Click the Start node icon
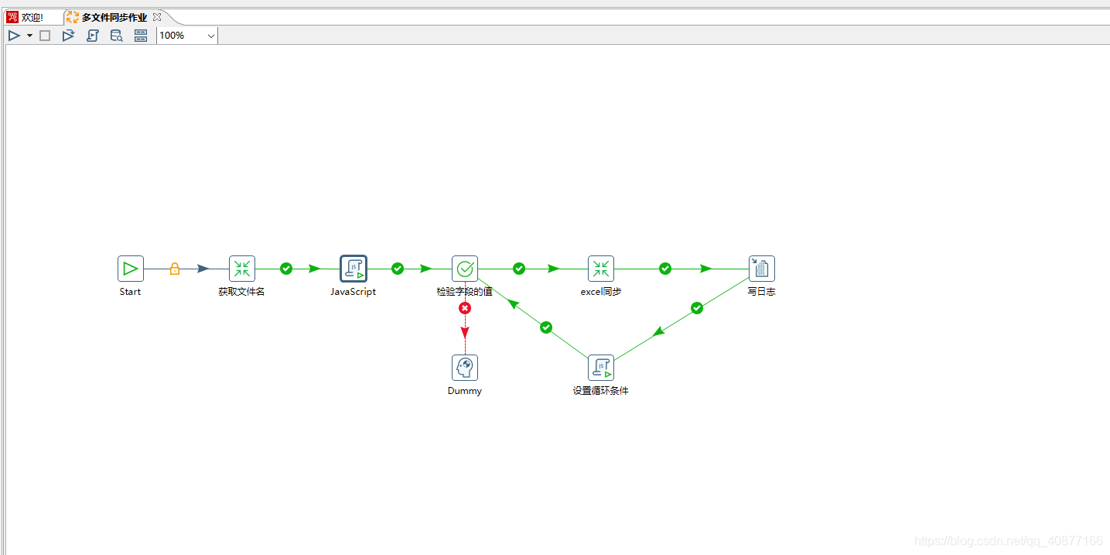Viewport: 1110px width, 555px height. [x=131, y=269]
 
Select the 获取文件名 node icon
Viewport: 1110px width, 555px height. [x=242, y=269]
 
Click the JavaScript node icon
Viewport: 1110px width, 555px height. [x=353, y=269]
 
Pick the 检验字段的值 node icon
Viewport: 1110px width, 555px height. [x=465, y=269]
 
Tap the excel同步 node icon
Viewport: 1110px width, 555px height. [x=601, y=269]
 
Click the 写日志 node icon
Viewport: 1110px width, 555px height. [x=762, y=269]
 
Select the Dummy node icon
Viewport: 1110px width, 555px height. [x=465, y=368]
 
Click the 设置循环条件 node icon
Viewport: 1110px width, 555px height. [x=601, y=368]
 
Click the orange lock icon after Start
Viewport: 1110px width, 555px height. [x=175, y=269]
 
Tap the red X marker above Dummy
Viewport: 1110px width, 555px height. [x=465, y=308]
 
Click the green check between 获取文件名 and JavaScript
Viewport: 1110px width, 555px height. [x=286, y=269]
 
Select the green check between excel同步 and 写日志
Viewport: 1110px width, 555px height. [x=665, y=269]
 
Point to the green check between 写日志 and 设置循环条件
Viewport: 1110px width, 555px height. [x=697, y=308]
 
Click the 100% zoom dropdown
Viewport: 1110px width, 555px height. [x=187, y=36]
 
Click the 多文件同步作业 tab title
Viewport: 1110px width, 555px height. [x=114, y=17]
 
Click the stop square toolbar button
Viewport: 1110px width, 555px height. [x=45, y=36]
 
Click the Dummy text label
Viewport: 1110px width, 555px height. [x=465, y=391]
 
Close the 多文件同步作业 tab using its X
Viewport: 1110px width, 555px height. [x=157, y=16]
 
